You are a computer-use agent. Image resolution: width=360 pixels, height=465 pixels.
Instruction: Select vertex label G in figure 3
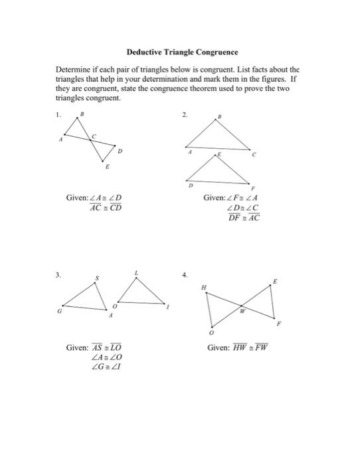[59, 310]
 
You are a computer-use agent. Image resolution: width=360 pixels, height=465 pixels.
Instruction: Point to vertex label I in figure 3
[169, 308]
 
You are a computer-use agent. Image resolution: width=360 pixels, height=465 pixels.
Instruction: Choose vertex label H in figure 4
[205, 286]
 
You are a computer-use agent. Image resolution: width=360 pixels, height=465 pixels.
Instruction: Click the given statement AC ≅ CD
[106, 207]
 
